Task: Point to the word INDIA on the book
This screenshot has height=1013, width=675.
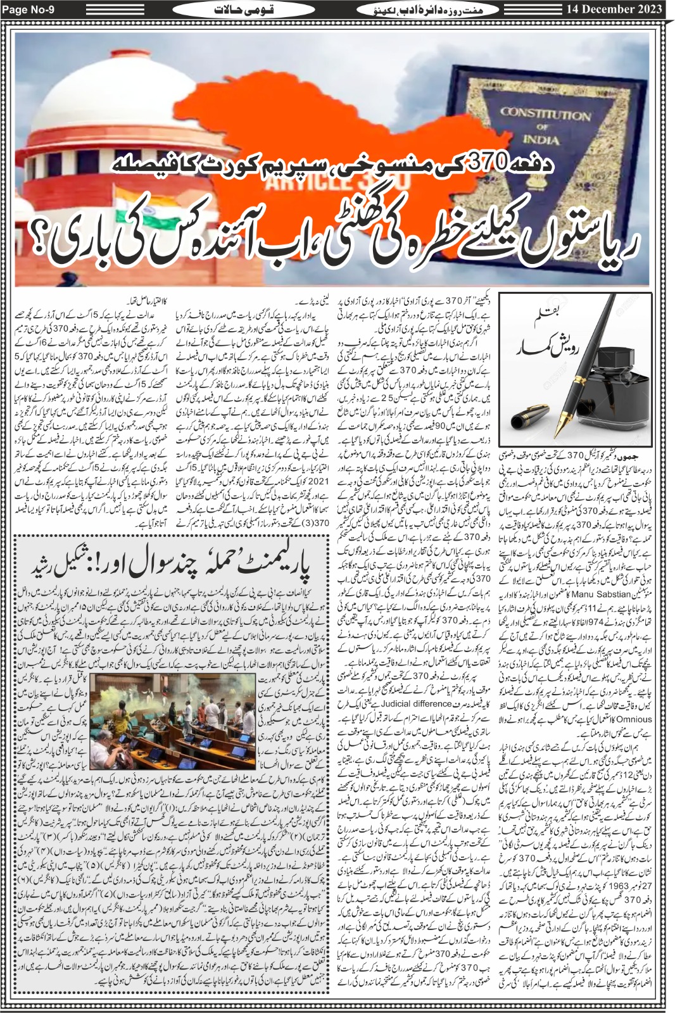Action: pos(541,140)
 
